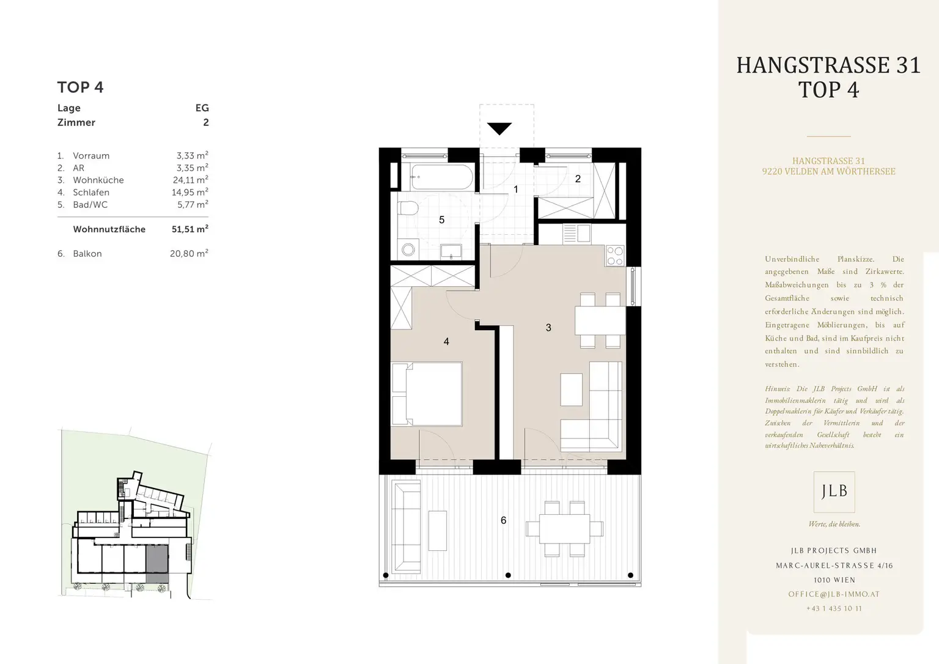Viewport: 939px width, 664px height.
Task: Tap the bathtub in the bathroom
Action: coord(441,177)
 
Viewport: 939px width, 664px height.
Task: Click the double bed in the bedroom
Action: coord(427,394)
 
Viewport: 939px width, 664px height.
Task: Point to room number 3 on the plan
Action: coord(548,327)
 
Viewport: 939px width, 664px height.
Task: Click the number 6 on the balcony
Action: coord(504,520)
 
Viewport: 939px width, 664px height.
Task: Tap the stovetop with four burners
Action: coord(615,256)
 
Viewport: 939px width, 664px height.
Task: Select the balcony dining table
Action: coord(565,529)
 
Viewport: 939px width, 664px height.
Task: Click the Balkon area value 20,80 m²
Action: coord(189,253)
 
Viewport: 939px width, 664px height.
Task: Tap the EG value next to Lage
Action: coord(202,108)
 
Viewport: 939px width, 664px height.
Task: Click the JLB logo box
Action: coord(834,492)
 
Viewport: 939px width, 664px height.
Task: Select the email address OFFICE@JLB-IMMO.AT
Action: coord(834,594)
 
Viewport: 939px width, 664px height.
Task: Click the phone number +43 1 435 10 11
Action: coord(834,608)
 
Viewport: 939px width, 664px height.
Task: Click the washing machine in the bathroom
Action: coord(408,250)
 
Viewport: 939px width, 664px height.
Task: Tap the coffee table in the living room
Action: coord(572,390)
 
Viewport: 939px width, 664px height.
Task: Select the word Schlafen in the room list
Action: coord(91,193)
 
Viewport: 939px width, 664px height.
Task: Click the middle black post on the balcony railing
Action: coord(508,575)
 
